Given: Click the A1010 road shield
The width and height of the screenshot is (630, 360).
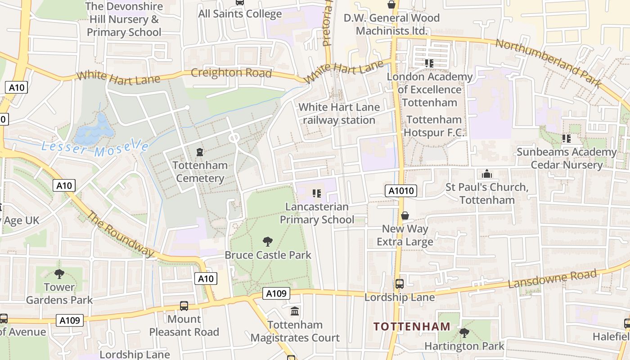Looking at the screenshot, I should point(401,191).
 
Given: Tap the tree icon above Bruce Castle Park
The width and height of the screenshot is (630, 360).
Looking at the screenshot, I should point(268,242).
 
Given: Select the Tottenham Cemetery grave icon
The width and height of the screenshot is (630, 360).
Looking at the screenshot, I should point(200,152).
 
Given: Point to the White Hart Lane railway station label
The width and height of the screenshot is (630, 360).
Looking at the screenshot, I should point(339,114).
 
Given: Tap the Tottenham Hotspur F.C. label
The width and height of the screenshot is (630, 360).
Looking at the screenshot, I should point(434,126).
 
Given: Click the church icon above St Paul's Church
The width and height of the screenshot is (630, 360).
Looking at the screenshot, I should point(487,174).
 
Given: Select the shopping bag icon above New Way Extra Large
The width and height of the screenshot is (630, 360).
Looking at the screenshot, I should point(405,216).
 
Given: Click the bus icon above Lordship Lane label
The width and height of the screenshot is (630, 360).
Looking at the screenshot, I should point(399,284).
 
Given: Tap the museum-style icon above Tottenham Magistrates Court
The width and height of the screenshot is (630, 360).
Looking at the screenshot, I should point(295,311).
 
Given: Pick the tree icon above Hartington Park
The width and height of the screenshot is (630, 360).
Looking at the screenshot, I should point(464,333).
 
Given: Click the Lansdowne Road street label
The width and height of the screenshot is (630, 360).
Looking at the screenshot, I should point(552,279).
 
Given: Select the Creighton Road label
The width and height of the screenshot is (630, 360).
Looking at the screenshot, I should point(231,73).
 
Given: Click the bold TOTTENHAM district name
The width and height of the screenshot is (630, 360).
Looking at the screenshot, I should point(412,327).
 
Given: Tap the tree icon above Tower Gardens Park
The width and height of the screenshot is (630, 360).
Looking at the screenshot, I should point(59,274).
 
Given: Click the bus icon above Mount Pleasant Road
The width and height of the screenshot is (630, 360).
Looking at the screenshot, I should point(184,306).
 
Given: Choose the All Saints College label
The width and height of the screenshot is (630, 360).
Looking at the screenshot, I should point(240,13).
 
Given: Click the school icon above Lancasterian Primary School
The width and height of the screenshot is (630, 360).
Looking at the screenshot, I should point(317,193).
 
